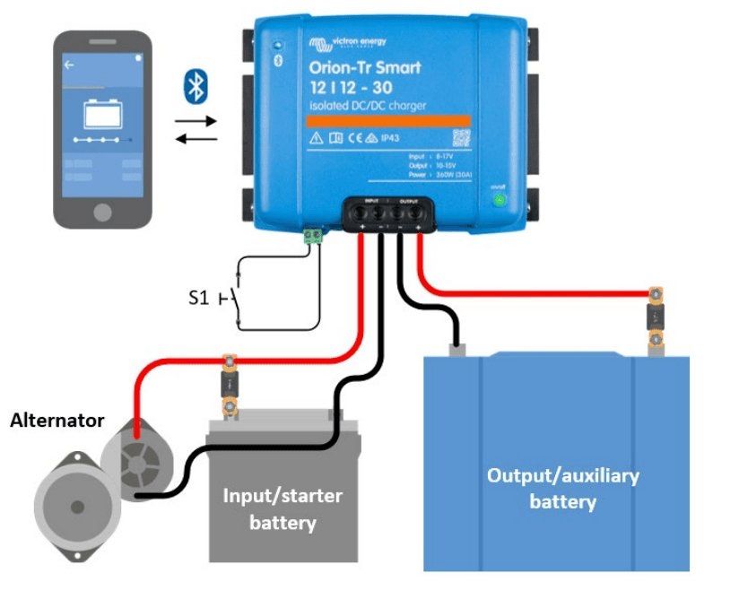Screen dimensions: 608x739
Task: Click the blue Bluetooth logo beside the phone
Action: (195, 85)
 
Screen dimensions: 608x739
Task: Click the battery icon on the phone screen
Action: (101, 116)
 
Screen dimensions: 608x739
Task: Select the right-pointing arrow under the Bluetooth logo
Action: (196, 119)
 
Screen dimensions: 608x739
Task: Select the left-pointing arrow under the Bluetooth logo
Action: (196, 137)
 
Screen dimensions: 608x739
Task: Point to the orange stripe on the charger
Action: (377, 120)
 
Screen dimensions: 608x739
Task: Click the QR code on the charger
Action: (460, 138)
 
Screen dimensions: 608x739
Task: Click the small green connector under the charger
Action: (313, 236)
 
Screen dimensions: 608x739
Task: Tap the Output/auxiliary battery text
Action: (562, 488)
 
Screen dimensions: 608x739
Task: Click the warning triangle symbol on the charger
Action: (316, 139)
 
